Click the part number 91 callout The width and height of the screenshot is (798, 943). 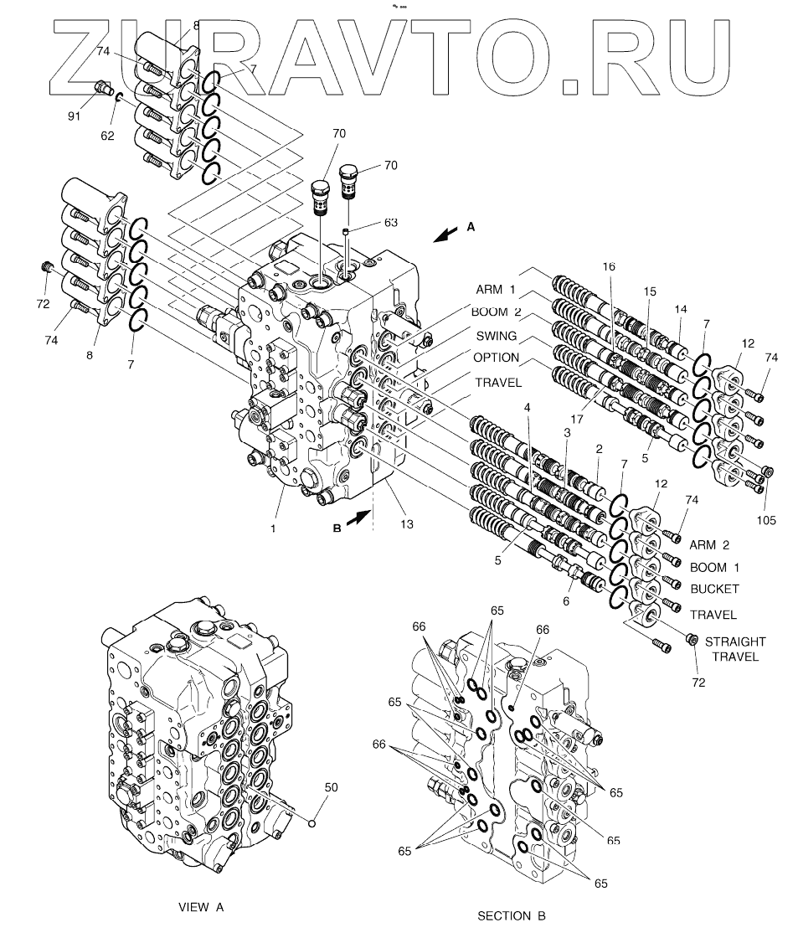74,116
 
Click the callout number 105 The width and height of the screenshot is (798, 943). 765,520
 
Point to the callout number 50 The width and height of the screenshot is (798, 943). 331,787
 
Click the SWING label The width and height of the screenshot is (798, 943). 496,336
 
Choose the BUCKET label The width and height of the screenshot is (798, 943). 714,590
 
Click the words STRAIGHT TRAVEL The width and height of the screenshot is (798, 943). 734,649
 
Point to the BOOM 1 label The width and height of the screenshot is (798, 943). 714,567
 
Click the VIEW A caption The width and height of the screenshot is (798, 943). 202,906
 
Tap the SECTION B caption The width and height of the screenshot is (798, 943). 511,915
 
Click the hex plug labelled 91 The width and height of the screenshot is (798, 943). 105,87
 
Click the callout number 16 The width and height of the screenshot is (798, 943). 608,266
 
